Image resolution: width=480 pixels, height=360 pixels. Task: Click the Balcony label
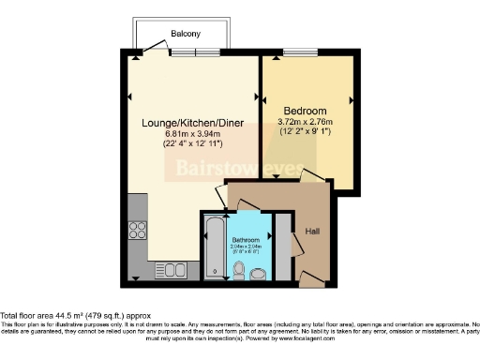tap(185, 34)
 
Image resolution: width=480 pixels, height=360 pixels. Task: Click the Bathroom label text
tap(247, 240)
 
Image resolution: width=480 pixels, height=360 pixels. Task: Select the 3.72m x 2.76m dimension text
tap(306, 121)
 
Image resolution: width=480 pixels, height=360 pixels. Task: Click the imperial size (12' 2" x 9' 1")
tap(306, 131)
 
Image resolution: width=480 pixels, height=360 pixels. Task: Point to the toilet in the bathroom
tap(239, 272)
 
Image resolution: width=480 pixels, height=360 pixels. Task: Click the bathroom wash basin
tap(259, 272)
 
